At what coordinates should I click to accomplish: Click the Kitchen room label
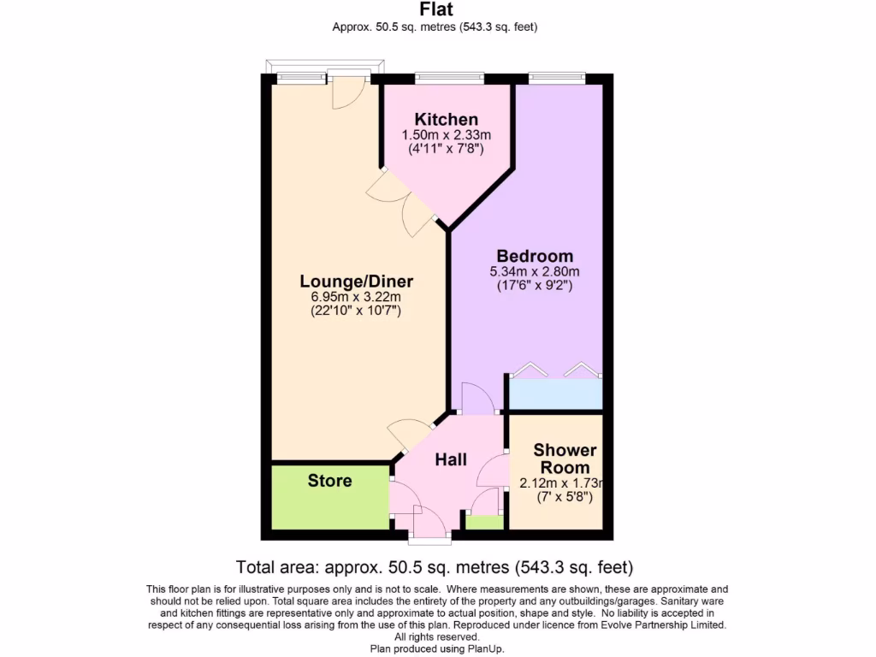click(446, 120)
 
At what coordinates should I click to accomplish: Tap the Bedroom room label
click(535, 256)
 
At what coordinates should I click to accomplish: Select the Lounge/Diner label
click(356, 281)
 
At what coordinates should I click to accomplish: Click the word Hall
click(451, 459)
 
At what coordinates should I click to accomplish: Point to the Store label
click(329, 481)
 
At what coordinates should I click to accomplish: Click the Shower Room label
click(565, 459)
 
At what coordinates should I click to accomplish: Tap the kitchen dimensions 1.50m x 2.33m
click(446, 135)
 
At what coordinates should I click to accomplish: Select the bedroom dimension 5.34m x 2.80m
click(535, 272)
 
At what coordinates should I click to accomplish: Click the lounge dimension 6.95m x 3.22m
click(356, 297)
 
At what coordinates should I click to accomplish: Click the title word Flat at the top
click(436, 10)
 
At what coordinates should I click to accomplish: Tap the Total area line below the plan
click(434, 566)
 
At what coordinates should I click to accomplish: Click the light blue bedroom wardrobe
click(556, 394)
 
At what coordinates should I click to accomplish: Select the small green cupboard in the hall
click(484, 523)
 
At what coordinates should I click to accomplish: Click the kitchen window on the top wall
click(450, 78)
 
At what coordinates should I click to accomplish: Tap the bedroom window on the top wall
click(556, 78)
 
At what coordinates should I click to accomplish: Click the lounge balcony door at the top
click(348, 90)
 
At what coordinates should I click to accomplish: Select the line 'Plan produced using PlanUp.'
click(437, 649)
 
